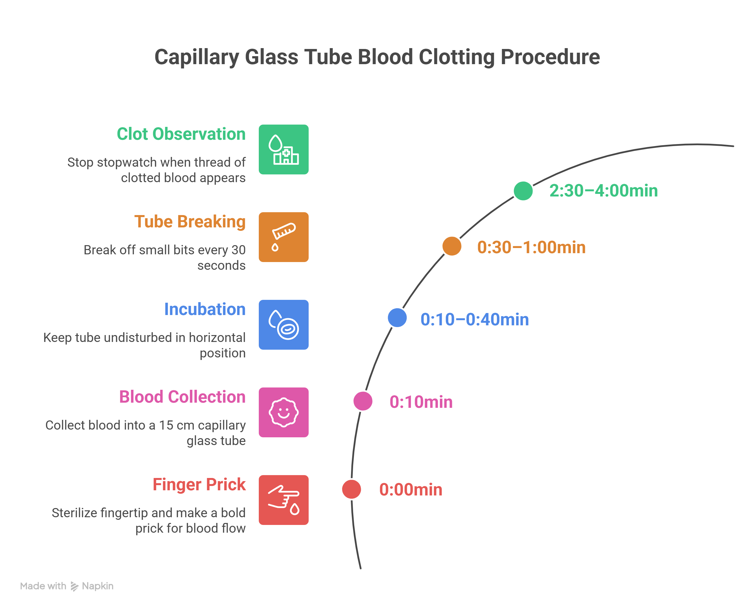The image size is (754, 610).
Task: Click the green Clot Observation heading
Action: (181, 134)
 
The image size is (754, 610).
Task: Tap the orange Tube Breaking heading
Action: (190, 222)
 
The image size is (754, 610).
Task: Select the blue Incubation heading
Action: (205, 309)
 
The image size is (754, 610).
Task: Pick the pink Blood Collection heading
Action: (182, 397)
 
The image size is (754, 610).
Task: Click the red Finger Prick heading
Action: (199, 484)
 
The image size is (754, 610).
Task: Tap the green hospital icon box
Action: (283, 149)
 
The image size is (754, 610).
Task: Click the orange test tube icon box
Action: (283, 237)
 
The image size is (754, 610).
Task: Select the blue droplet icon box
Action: (283, 325)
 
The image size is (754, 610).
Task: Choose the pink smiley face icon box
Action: (283, 412)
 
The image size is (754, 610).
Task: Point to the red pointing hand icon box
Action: (283, 500)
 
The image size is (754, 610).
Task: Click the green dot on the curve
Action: (523, 191)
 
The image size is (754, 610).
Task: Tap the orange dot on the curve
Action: (452, 246)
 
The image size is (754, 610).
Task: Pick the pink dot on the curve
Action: (363, 401)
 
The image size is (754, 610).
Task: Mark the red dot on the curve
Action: (351, 489)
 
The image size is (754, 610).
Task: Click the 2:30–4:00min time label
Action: (603, 191)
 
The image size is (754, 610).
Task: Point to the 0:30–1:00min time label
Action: (531, 247)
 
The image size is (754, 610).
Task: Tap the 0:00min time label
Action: (410, 489)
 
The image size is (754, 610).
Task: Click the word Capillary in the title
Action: (197, 57)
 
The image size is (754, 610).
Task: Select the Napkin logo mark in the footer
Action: (74, 586)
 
